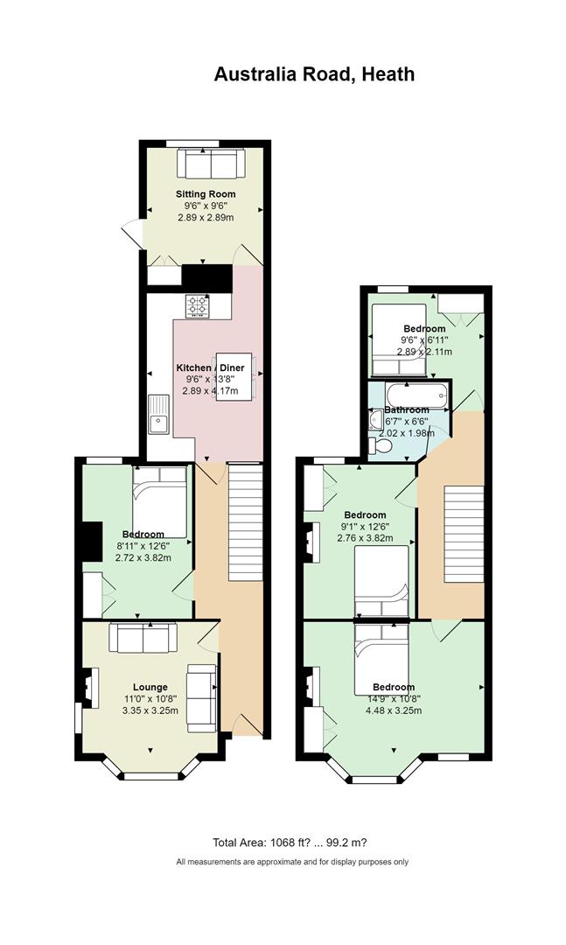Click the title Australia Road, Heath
pyautogui.click(x=314, y=74)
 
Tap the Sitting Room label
pyautogui.click(x=206, y=194)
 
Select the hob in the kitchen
pyautogui.click(x=197, y=305)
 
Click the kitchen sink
pyautogui.click(x=160, y=414)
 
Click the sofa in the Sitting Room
pyautogui.click(x=211, y=164)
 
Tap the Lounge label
pyautogui.click(x=150, y=687)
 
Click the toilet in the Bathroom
pyautogui.click(x=380, y=445)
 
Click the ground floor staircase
pyautogui.click(x=245, y=521)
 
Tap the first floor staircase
pyautogui.click(x=465, y=534)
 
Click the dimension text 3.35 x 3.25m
pyautogui.click(x=150, y=710)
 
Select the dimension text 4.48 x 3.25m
pyautogui.click(x=394, y=710)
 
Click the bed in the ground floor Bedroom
pyautogui.click(x=160, y=502)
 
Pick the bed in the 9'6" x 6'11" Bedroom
pyautogui.click(x=399, y=339)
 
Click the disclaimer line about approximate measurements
pyautogui.click(x=292, y=862)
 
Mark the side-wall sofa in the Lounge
pyautogui.click(x=201, y=698)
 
